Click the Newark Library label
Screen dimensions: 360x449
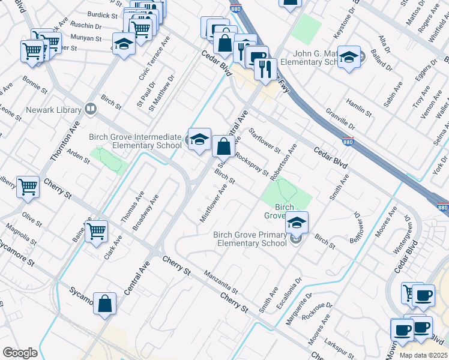tap(53, 110)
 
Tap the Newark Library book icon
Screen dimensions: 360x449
tap(91, 109)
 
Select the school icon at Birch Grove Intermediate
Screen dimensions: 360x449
tap(199, 140)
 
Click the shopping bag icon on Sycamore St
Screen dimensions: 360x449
tap(104, 304)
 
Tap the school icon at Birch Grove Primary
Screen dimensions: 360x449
tap(297, 223)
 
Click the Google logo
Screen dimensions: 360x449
tap(20, 353)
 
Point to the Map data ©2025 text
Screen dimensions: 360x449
tap(423, 355)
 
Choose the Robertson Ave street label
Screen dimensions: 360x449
tap(283, 162)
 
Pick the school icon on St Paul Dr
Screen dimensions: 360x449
tap(124, 44)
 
